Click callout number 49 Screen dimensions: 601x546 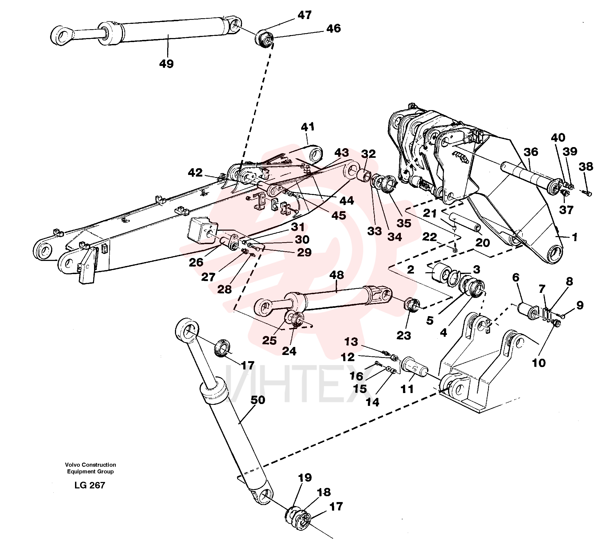click(x=166, y=63)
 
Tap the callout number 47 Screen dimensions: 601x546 click(x=304, y=15)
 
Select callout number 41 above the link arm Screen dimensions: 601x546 click(x=308, y=127)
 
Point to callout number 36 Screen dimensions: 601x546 click(x=531, y=152)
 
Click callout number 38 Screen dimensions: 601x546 click(x=586, y=166)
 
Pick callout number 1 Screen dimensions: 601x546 click(x=575, y=237)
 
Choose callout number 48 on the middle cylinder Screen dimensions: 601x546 click(x=337, y=275)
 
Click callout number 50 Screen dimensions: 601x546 click(x=257, y=400)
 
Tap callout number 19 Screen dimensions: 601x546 click(x=305, y=477)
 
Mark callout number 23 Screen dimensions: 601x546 click(x=404, y=336)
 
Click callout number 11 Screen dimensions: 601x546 click(x=407, y=389)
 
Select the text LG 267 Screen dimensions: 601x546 click(x=90, y=485)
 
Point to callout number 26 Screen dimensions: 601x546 click(x=196, y=262)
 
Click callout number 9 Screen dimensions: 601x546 click(x=580, y=305)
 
